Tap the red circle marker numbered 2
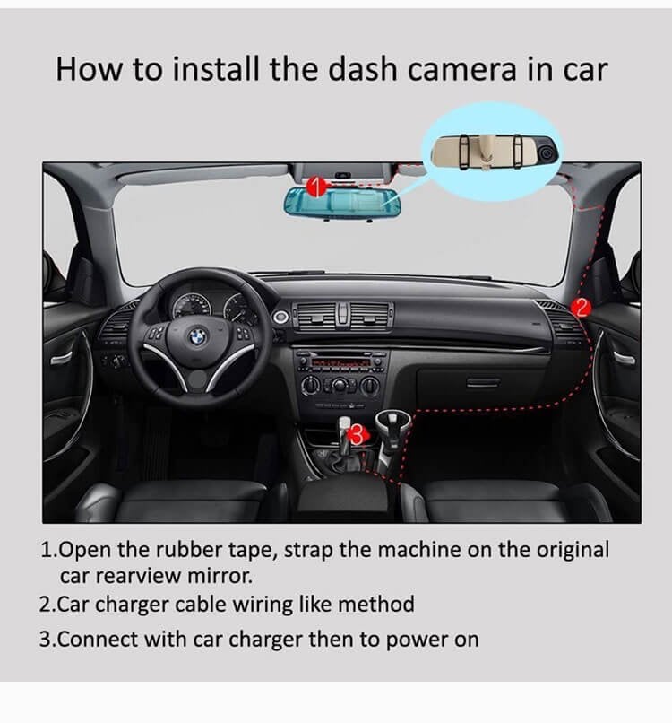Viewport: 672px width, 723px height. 580,308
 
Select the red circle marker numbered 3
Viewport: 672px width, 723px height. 357,434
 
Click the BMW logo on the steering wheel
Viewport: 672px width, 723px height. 195,340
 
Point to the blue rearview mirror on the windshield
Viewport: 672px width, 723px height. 342,203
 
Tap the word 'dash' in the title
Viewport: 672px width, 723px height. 379,69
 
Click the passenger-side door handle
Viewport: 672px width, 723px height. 625,358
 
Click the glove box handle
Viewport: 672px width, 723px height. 483,382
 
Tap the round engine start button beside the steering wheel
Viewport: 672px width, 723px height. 280,317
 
